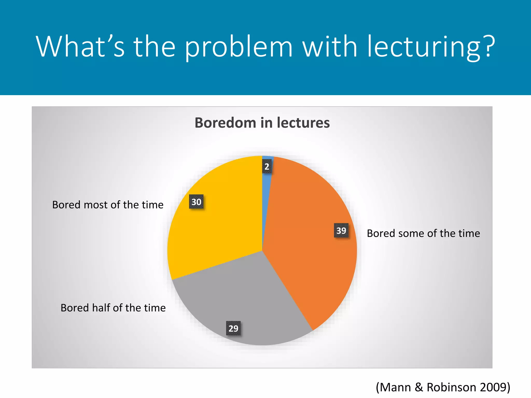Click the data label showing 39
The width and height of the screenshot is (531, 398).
[x=341, y=230]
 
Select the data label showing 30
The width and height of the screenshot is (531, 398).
[x=196, y=202]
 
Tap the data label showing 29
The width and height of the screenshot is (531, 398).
[x=233, y=328]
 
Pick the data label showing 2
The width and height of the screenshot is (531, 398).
[x=267, y=167]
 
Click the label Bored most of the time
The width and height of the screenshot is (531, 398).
[x=108, y=205]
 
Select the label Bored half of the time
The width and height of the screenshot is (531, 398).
[x=113, y=308]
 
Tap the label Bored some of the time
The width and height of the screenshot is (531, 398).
[x=423, y=233]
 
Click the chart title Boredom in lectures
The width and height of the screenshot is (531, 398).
[x=262, y=123]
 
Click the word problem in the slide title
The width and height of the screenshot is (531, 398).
[x=239, y=47]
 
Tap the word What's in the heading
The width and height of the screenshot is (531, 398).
[x=80, y=47]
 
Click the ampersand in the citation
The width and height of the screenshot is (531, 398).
[x=419, y=387]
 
